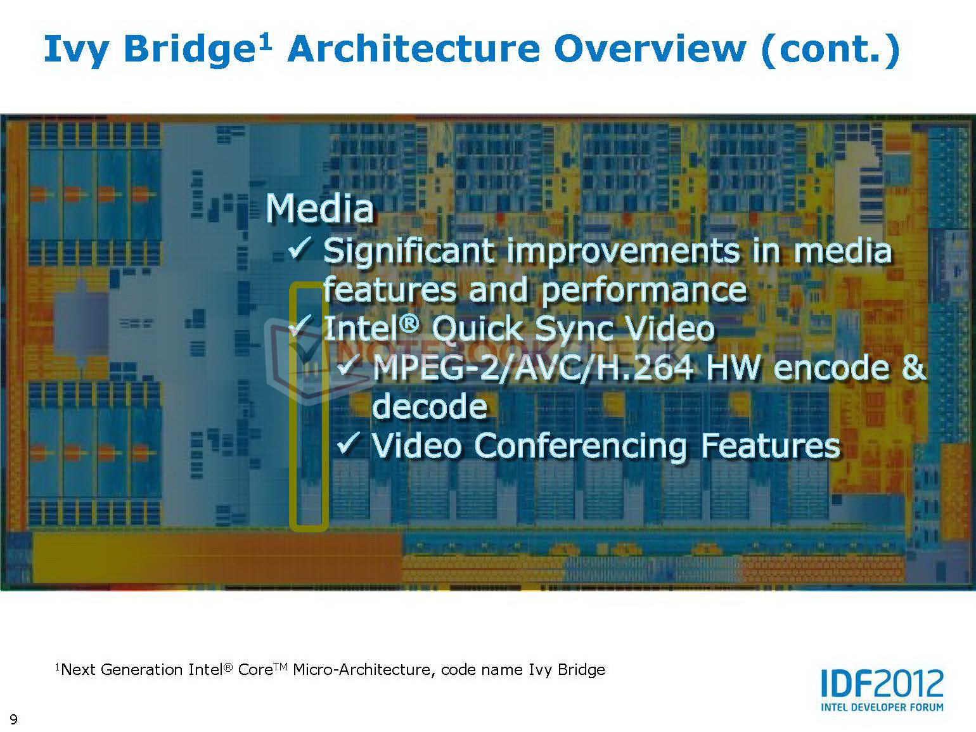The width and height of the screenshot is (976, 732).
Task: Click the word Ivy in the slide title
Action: coord(75,50)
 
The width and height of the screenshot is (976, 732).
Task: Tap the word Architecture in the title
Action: coord(413,49)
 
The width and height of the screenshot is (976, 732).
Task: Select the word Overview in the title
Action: coord(650,49)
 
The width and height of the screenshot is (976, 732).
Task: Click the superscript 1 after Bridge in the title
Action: coord(265,42)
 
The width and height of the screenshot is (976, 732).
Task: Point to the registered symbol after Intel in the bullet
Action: coord(409,323)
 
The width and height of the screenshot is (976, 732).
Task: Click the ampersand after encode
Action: coord(914,368)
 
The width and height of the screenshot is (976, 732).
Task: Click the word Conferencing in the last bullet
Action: coord(581,447)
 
